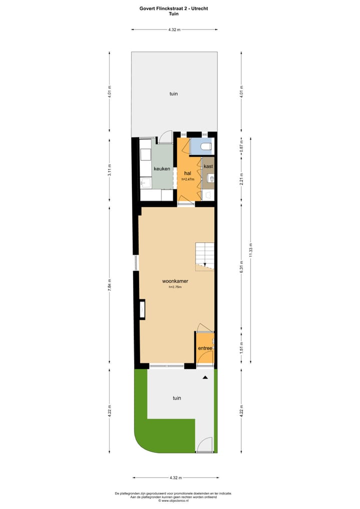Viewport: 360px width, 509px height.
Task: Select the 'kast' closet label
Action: point(208,165)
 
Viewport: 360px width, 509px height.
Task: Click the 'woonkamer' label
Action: point(174,281)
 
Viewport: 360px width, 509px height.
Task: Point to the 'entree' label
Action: point(205,348)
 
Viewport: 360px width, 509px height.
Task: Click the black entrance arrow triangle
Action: point(205,378)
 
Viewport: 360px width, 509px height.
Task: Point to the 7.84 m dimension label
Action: point(110,287)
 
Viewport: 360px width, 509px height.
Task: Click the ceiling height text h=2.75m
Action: point(174,287)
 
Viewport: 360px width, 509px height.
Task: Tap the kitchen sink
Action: point(145,183)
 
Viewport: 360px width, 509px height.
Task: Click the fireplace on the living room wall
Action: point(142,309)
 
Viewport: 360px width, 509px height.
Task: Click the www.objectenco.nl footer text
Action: point(173,500)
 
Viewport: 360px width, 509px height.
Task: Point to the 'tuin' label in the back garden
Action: point(173,93)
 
